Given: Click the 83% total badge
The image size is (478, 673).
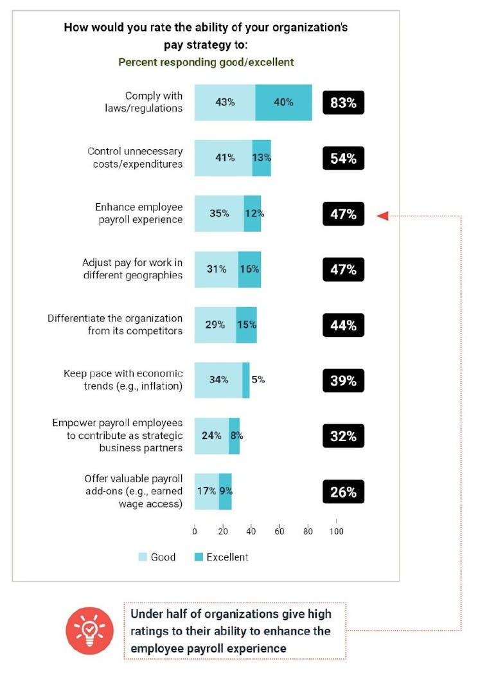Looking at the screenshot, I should (343, 103).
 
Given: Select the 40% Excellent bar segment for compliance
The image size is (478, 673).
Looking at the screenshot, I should (283, 103).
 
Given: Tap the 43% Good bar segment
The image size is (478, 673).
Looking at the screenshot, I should (225, 103).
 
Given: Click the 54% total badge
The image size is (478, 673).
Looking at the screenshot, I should (343, 158).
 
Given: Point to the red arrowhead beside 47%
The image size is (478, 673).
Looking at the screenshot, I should (382, 215).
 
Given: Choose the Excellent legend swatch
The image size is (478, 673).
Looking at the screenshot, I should (199, 557).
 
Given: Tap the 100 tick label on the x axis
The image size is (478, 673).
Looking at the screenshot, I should (336, 531).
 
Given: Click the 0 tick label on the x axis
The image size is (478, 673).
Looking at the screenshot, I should (195, 531).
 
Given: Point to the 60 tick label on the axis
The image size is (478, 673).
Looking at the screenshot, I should (279, 531).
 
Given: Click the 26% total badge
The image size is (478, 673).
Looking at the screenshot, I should (343, 492).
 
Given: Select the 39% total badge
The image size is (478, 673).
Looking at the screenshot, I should (343, 381).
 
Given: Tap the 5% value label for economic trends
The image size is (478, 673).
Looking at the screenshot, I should (258, 380).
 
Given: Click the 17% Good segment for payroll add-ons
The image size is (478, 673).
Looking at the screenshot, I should (206, 492).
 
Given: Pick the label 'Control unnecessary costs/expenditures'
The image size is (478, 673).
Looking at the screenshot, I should (135, 157).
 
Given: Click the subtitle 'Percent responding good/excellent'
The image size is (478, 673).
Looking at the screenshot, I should (206, 62).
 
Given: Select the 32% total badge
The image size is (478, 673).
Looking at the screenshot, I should (343, 436).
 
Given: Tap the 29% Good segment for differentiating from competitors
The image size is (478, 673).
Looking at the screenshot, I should (215, 325).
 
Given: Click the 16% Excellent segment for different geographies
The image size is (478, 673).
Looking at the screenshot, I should (249, 269).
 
